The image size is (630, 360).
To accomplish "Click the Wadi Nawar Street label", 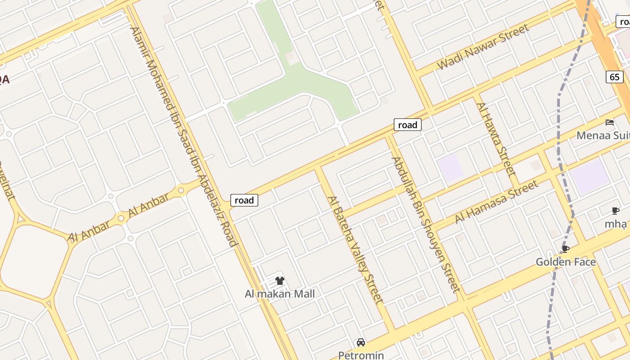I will pyautogui.click(x=482, y=47).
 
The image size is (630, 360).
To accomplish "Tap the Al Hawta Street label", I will pyautogui.click(x=495, y=139).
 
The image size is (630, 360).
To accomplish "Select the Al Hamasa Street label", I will pyautogui.click(x=496, y=202).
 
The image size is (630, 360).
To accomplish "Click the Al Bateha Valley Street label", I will pyautogui.click(x=355, y=250).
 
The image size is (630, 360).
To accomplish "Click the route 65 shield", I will pyautogui.click(x=614, y=77).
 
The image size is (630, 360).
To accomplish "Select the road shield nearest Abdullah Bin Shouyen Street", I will pyautogui.click(x=407, y=125).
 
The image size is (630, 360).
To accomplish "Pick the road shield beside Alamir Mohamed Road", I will pyautogui.click(x=244, y=200).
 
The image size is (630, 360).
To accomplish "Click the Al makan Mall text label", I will pyautogui.click(x=279, y=294).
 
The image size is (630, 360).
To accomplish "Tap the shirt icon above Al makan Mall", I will pyautogui.click(x=280, y=281).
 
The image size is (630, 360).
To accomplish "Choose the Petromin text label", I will pyautogui.click(x=361, y=355).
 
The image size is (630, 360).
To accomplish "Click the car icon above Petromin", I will pyautogui.click(x=361, y=342).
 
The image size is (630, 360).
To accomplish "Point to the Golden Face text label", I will pyautogui.click(x=566, y=262).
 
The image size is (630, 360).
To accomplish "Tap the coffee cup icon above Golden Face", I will pyautogui.click(x=566, y=249).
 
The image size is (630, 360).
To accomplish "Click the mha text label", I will pyautogui.click(x=616, y=224).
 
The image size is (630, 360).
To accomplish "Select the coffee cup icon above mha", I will pyautogui.click(x=616, y=211).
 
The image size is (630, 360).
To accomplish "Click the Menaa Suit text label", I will pyautogui.click(x=603, y=135).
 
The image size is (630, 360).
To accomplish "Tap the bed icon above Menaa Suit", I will pyautogui.click(x=610, y=122).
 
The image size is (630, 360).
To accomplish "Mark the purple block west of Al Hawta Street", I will pyautogui.click(x=451, y=167).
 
